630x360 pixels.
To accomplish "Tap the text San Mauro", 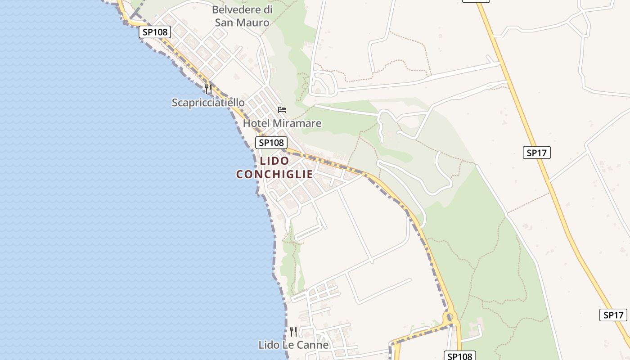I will (242, 22).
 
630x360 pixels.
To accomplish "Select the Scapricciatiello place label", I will (208, 103).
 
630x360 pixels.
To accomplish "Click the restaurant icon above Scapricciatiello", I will (208, 89).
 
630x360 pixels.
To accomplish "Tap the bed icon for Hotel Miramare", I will (282, 109).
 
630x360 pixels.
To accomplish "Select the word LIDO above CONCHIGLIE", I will (274, 161).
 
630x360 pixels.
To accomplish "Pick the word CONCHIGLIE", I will (274, 174).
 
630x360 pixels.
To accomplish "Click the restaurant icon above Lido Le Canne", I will (293, 332).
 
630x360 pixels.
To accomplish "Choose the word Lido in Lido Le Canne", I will (268, 345).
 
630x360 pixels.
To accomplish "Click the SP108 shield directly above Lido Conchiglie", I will (271, 143).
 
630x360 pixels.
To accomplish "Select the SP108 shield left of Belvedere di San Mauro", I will (154, 32).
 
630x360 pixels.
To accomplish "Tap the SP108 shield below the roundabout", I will (460, 356).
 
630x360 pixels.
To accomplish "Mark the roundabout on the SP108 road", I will (449, 319).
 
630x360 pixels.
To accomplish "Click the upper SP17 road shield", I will (537, 153).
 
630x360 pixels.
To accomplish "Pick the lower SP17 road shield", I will (613, 315).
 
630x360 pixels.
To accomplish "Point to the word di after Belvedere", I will (268, 9).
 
